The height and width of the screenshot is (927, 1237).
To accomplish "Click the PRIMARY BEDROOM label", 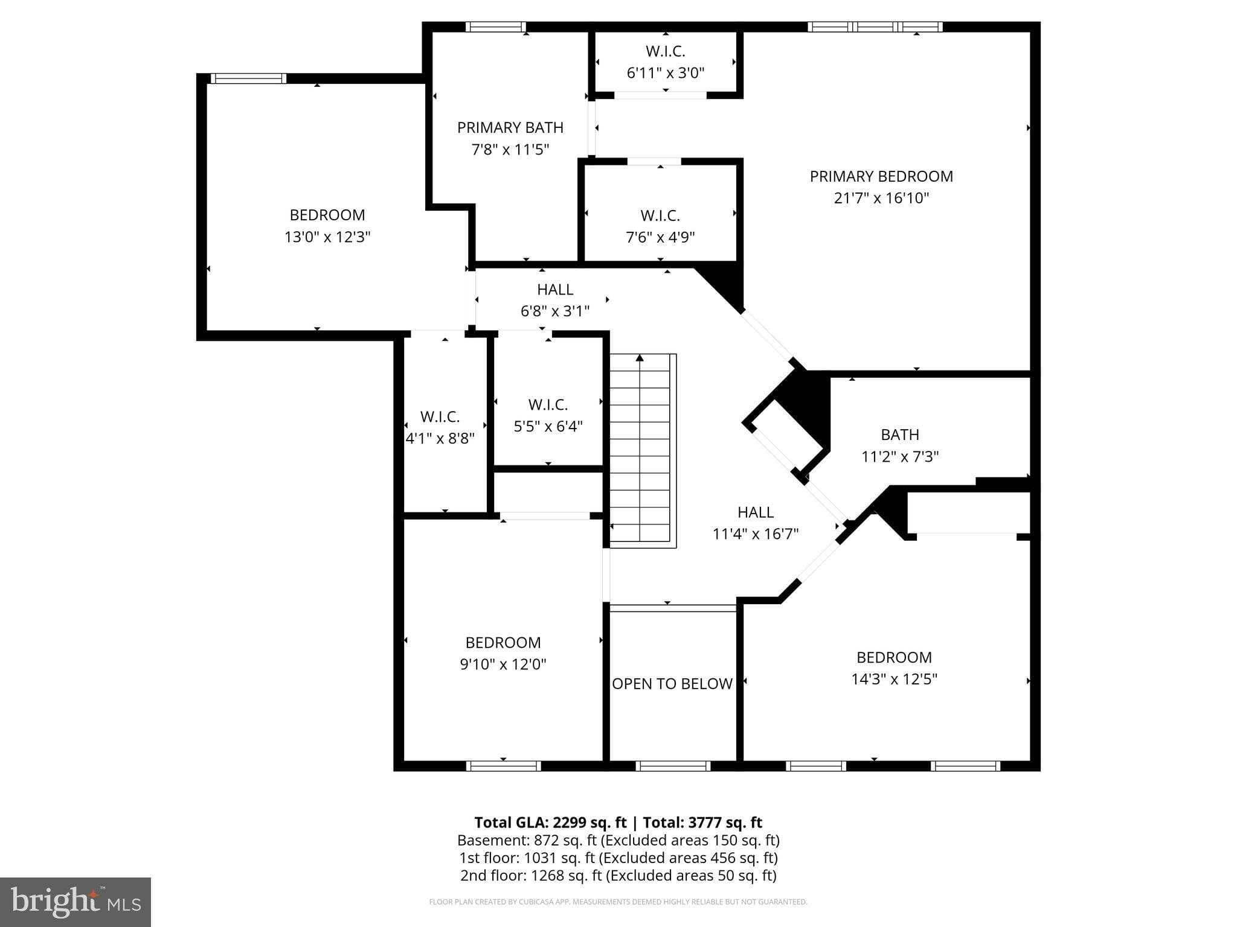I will click(881, 176).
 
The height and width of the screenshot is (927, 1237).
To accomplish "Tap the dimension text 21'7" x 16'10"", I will click(881, 198).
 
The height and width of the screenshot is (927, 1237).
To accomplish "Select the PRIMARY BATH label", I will click(510, 127).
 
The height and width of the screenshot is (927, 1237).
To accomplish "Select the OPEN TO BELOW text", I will click(672, 684).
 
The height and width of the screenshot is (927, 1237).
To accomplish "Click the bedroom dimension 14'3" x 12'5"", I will click(894, 680).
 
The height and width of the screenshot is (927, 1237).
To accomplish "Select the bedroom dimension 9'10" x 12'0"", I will click(503, 664).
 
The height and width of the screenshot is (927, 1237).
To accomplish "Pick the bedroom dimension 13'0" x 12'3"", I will click(327, 237).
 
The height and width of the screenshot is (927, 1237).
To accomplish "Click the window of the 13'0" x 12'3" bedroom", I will click(248, 78).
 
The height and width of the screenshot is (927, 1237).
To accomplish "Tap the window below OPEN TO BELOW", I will click(672, 766).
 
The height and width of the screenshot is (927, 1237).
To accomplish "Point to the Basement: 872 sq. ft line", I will click(618, 840).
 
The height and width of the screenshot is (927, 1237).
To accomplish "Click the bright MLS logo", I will click(76, 902).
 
